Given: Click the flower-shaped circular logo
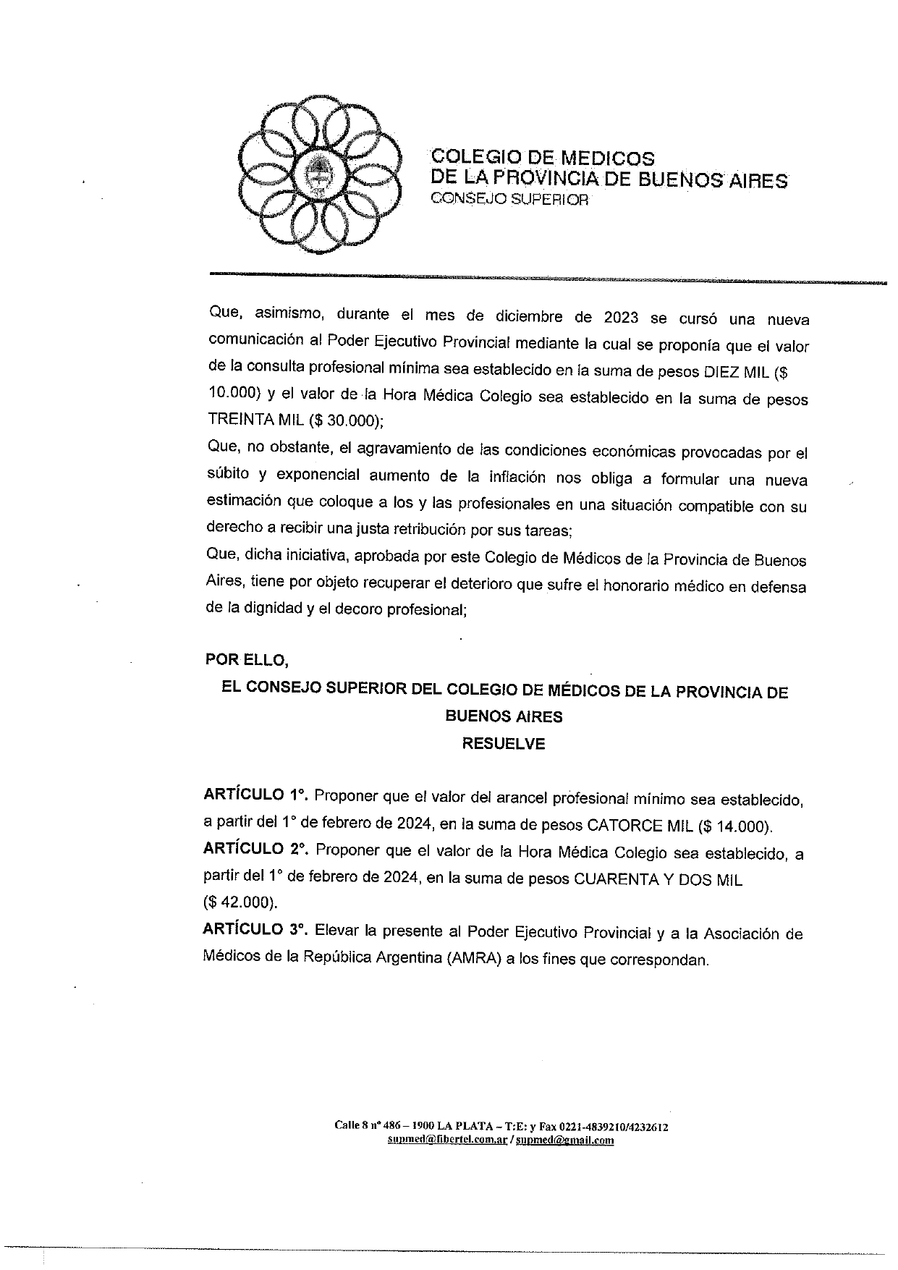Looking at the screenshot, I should click(318, 175).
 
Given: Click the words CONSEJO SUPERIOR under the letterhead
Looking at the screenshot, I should click(509, 200).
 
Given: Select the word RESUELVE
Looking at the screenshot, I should click(504, 744).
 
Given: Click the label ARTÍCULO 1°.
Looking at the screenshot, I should click(255, 795).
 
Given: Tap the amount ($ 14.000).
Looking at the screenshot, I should click(735, 825).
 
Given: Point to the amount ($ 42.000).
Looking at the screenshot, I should click(240, 903).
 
